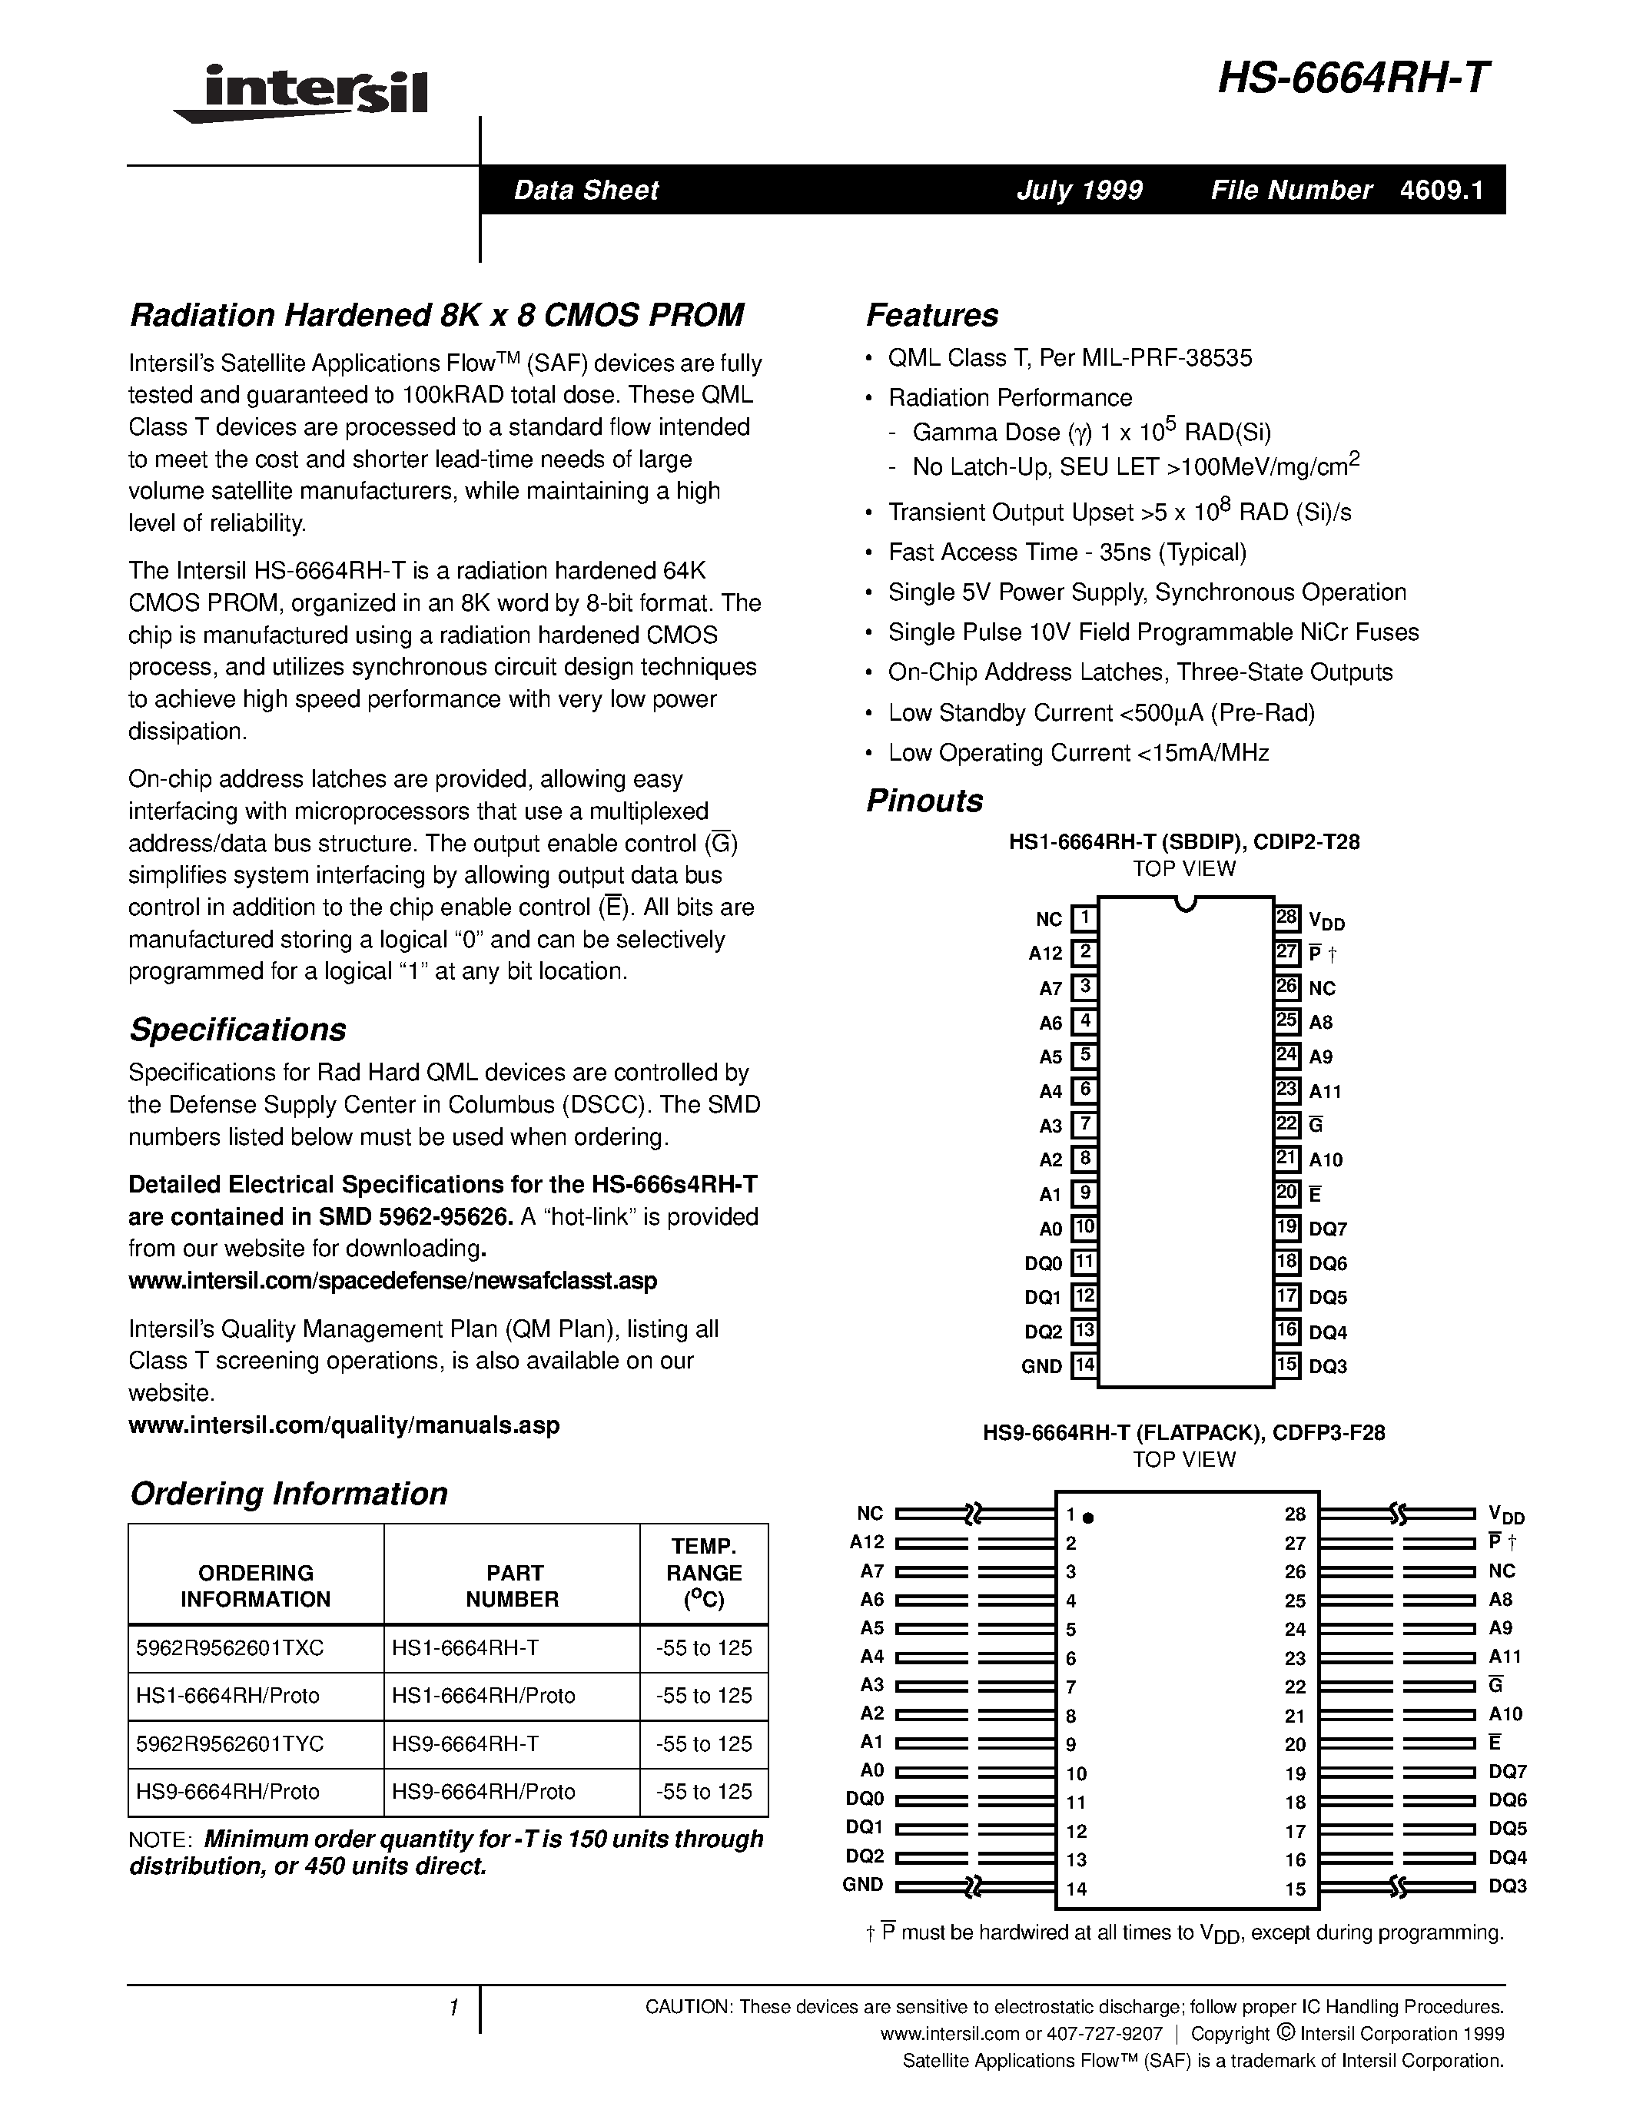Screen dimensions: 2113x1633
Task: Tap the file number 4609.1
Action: click(1440, 191)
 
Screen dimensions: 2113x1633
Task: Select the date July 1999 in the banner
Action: click(1079, 191)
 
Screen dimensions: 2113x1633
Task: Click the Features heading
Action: click(931, 315)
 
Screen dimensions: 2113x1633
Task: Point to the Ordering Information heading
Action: click(288, 1494)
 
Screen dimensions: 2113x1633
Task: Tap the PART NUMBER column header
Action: click(512, 1586)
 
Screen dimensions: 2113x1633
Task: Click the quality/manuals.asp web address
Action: click(344, 1425)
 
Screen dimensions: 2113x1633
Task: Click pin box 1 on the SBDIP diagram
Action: click(1084, 917)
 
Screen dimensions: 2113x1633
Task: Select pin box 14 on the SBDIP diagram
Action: click(1084, 1365)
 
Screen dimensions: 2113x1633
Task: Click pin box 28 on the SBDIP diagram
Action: click(1286, 917)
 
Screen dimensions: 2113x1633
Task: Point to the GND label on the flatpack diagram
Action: click(862, 1885)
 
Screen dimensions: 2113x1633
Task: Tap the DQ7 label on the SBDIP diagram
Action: click(1327, 1229)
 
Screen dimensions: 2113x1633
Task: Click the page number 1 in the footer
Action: click(453, 2009)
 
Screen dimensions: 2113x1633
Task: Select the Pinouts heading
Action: click(924, 801)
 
